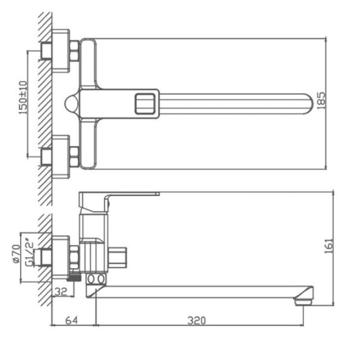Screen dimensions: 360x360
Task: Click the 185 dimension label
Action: coord(321,100)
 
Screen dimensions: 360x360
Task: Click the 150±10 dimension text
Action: coord(23,97)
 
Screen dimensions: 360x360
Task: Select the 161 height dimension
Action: coord(328,246)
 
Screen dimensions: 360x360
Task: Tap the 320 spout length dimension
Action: coord(197,320)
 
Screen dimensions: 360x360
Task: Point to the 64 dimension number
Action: coord(72,320)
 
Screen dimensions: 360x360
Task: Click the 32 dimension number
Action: coord(61,292)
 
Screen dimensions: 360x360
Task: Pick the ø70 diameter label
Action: coord(16,254)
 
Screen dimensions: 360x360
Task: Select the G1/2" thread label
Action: coord(29,254)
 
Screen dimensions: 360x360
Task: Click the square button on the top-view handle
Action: coord(144,104)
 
